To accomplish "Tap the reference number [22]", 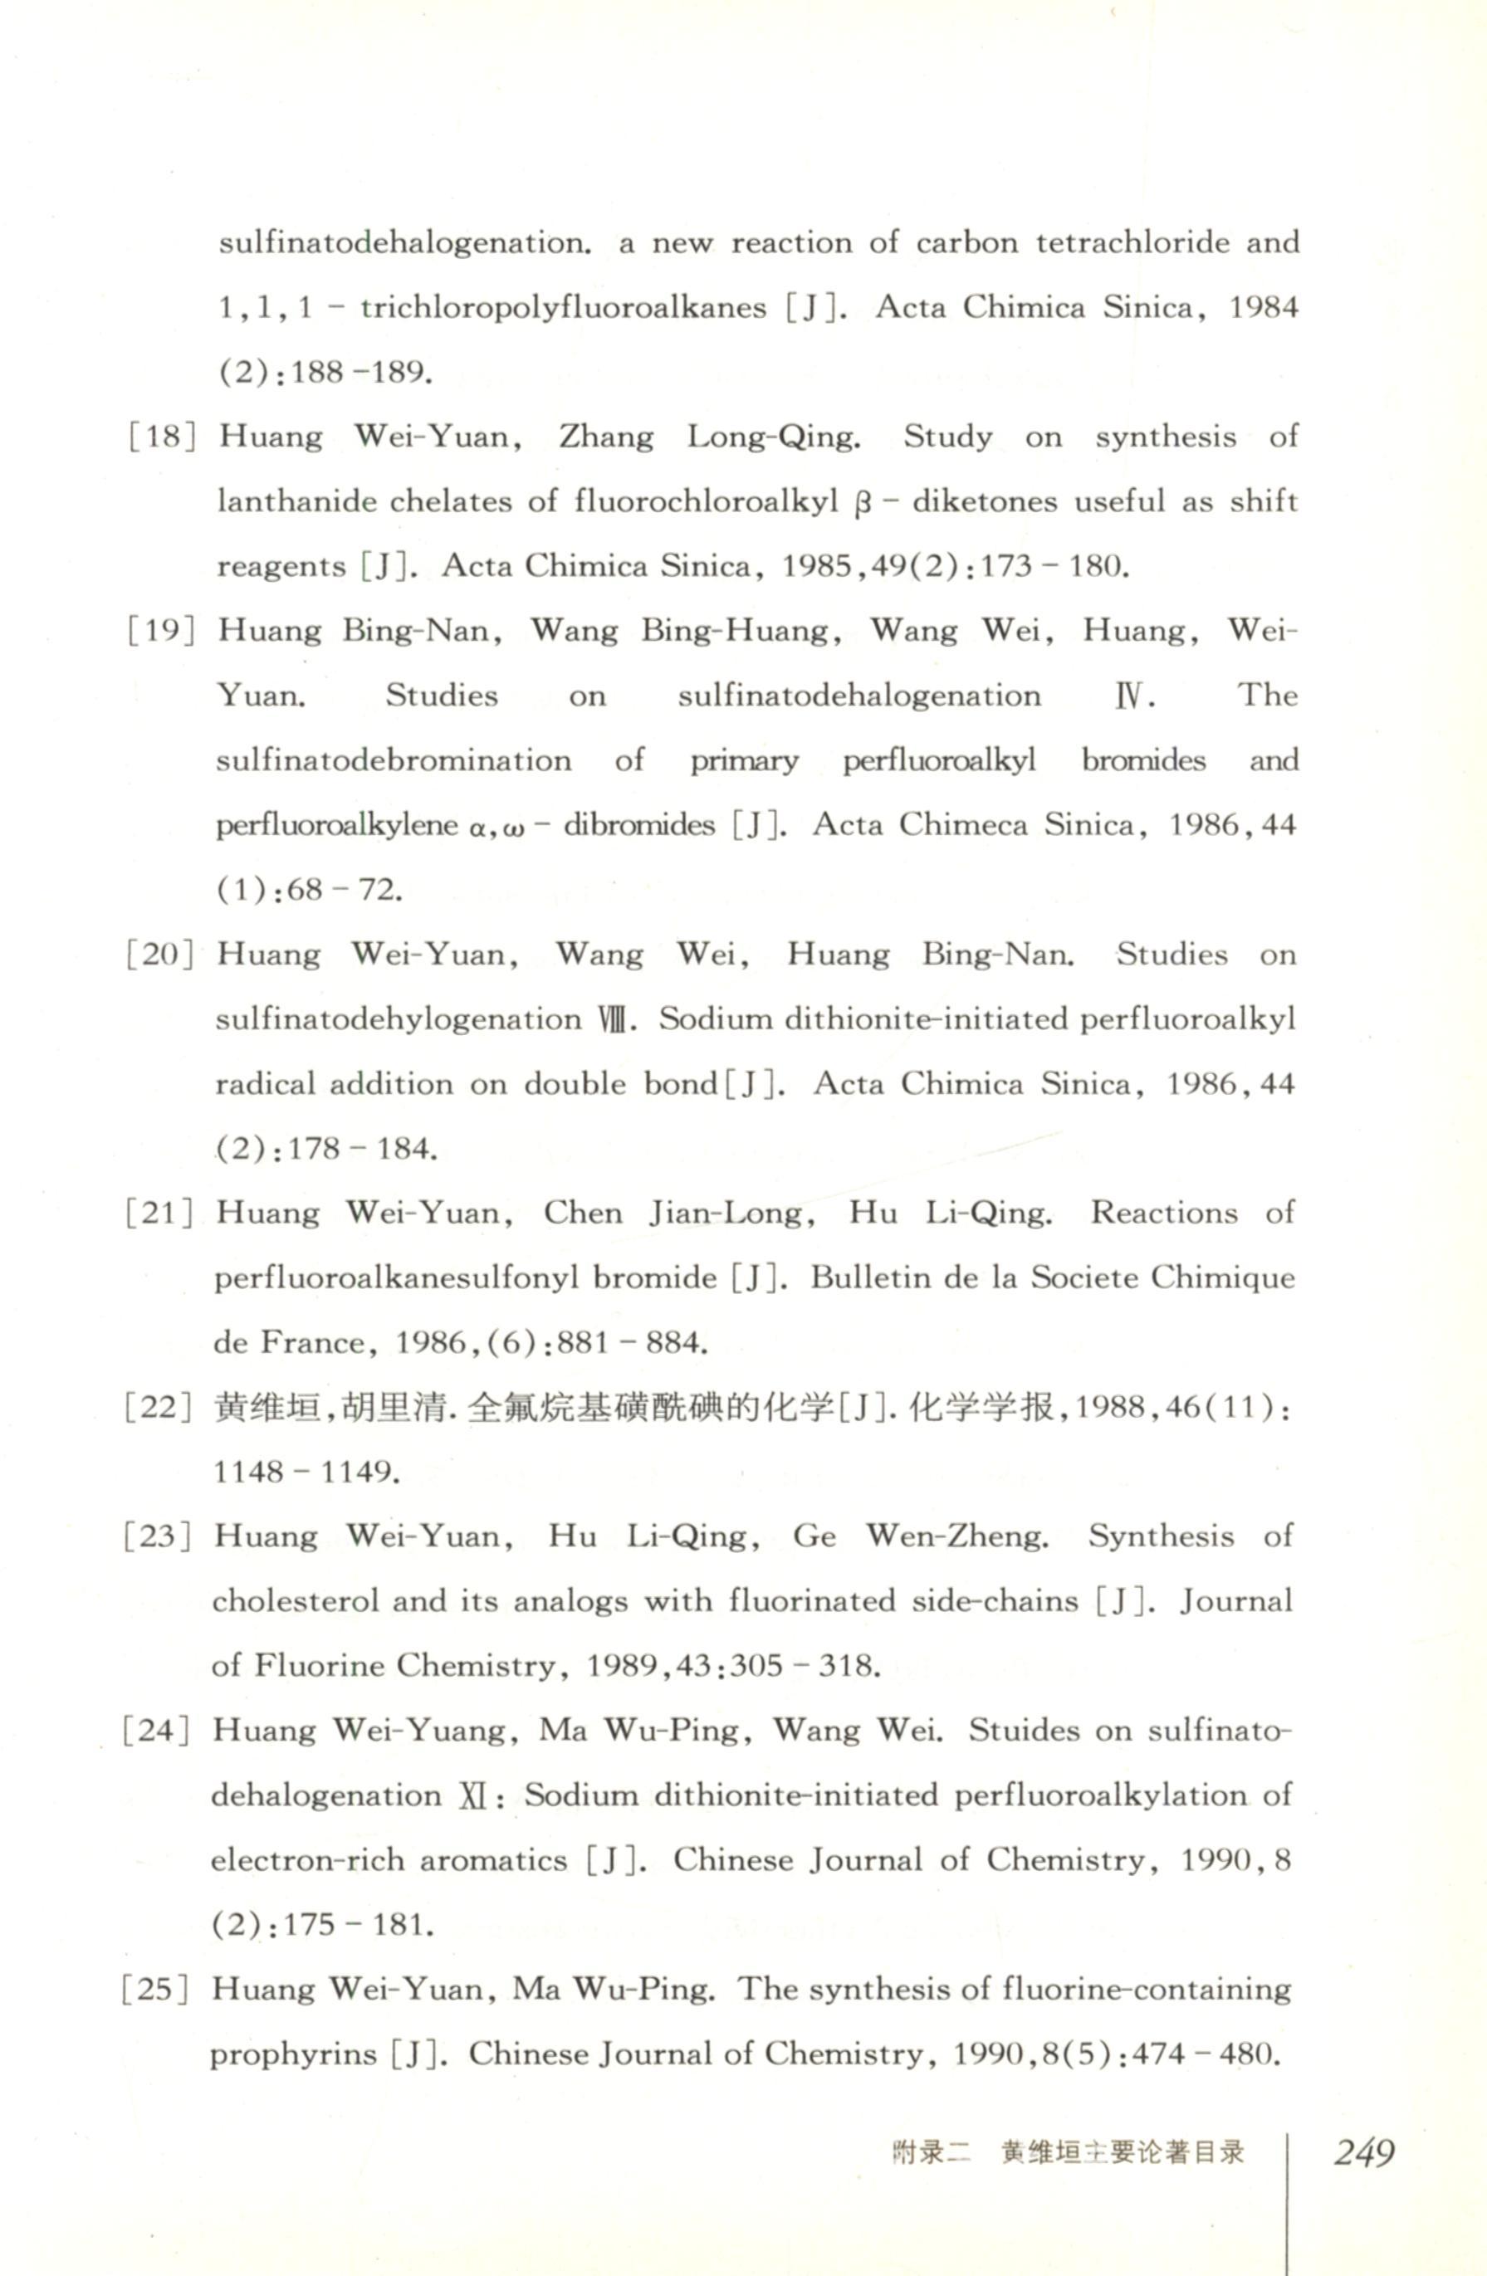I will [158, 1408].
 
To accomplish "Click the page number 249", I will [1363, 2151].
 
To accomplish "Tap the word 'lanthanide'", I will [297, 501].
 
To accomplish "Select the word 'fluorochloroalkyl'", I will [706, 502].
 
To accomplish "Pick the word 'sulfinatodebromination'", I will [393, 760].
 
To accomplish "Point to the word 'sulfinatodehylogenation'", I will [398, 1019].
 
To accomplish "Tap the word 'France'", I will [313, 1343].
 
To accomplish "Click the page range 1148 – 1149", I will [305, 1472].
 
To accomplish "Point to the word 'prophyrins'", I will [292, 2054].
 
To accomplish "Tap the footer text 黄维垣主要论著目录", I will [1122, 2152].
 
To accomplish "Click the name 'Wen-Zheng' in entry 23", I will [956, 1536].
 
